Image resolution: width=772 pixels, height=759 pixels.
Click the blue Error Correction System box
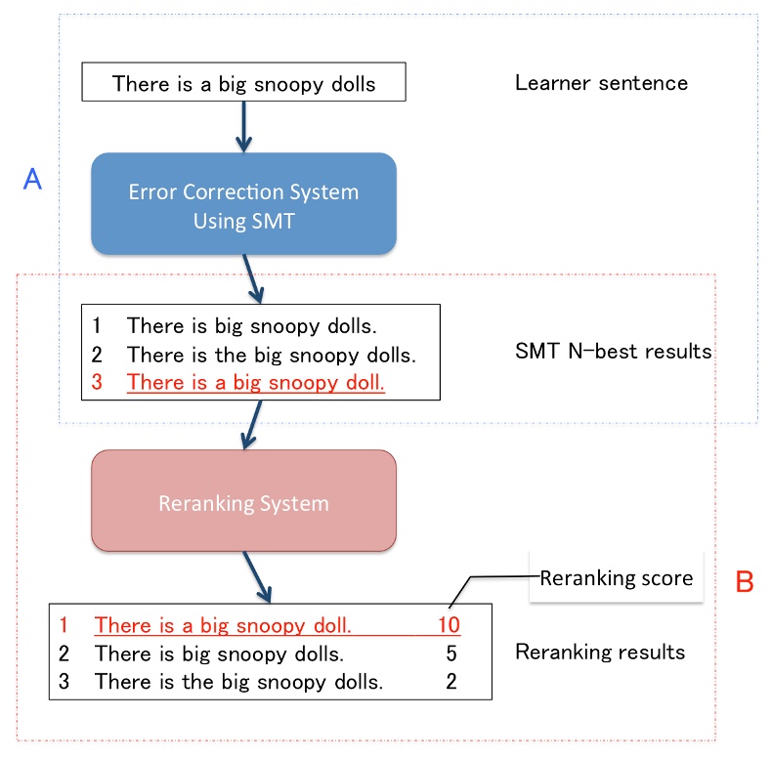pos(243,204)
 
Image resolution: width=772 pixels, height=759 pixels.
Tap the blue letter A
pos(31,181)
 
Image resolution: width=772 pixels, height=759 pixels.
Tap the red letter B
pos(744,582)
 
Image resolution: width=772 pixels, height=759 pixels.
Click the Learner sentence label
pos(601,82)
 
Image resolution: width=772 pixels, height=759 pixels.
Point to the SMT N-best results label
pos(613,351)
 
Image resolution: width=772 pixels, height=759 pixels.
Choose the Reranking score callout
pos(616,578)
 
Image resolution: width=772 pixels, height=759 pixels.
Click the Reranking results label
pos(599,652)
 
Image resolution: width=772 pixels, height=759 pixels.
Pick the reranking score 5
pos(450,653)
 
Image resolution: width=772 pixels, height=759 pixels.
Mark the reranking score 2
pos(450,682)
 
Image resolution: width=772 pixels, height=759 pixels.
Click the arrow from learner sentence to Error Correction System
pos(243,126)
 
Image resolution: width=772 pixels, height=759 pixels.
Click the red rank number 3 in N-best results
pos(97,383)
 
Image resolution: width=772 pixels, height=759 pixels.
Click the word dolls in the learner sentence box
pos(352,83)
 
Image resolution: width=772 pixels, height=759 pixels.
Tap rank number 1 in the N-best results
pos(97,324)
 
